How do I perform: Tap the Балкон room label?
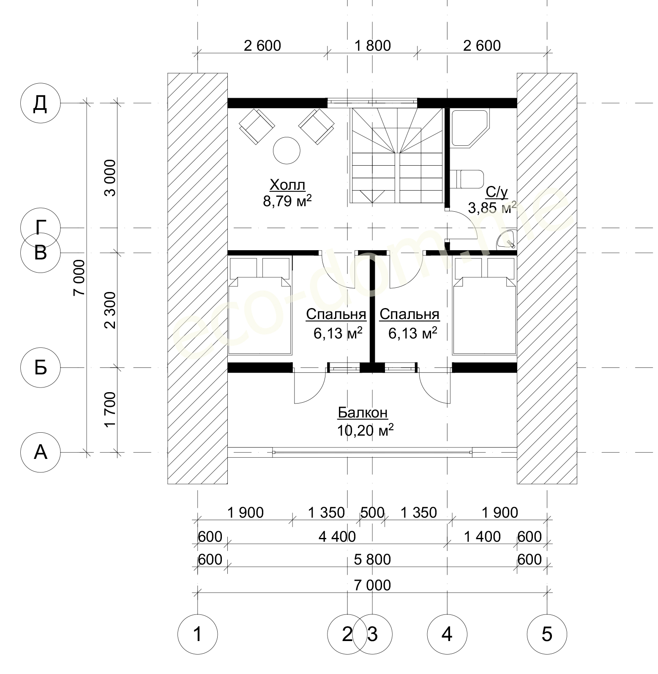[x=362, y=412]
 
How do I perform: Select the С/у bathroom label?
[x=496, y=192]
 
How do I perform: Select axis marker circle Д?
[x=40, y=103]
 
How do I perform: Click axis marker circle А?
[x=40, y=453]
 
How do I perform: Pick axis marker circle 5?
[x=547, y=634]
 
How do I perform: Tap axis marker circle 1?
[x=197, y=634]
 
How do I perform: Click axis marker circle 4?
[x=447, y=634]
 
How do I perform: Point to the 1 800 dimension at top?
[x=373, y=45]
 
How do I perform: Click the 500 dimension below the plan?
[x=372, y=513]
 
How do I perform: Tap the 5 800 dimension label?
[x=372, y=559]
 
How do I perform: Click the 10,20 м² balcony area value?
[x=365, y=430]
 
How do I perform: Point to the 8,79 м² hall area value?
[x=287, y=201]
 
